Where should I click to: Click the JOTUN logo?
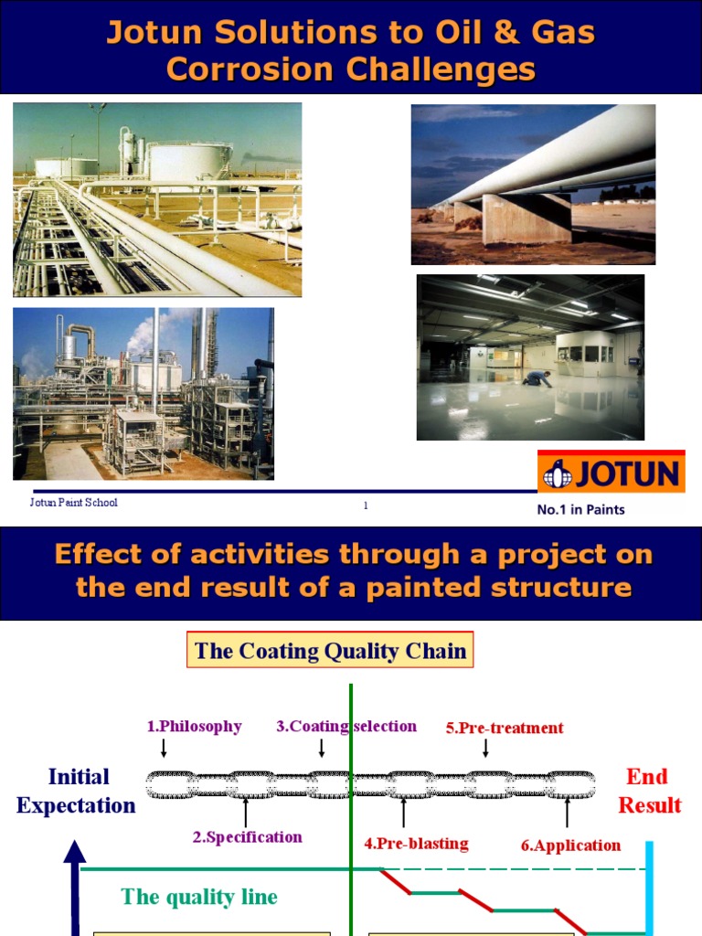click(611, 474)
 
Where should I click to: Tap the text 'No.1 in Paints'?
click(580, 510)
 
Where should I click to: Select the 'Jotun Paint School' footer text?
click(74, 503)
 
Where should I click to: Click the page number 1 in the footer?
click(366, 505)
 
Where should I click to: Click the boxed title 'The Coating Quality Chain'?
click(331, 651)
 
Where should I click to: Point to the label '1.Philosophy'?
click(194, 727)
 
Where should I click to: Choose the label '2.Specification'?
click(247, 836)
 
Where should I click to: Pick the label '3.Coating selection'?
click(346, 727)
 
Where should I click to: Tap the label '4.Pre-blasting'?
click(416, 844)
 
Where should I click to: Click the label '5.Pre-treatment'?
click(505, 729)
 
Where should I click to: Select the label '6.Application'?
click(570, 846)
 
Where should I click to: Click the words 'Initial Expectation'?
click(77, 791)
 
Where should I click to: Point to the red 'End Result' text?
click(649, 791)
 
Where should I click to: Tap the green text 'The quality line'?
click(199, 897)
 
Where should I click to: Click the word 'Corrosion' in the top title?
click(234, 69)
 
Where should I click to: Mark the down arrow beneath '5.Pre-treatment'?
click(485, 749)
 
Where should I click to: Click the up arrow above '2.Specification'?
click(246, 812)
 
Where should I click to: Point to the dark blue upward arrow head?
click(75, 854)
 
